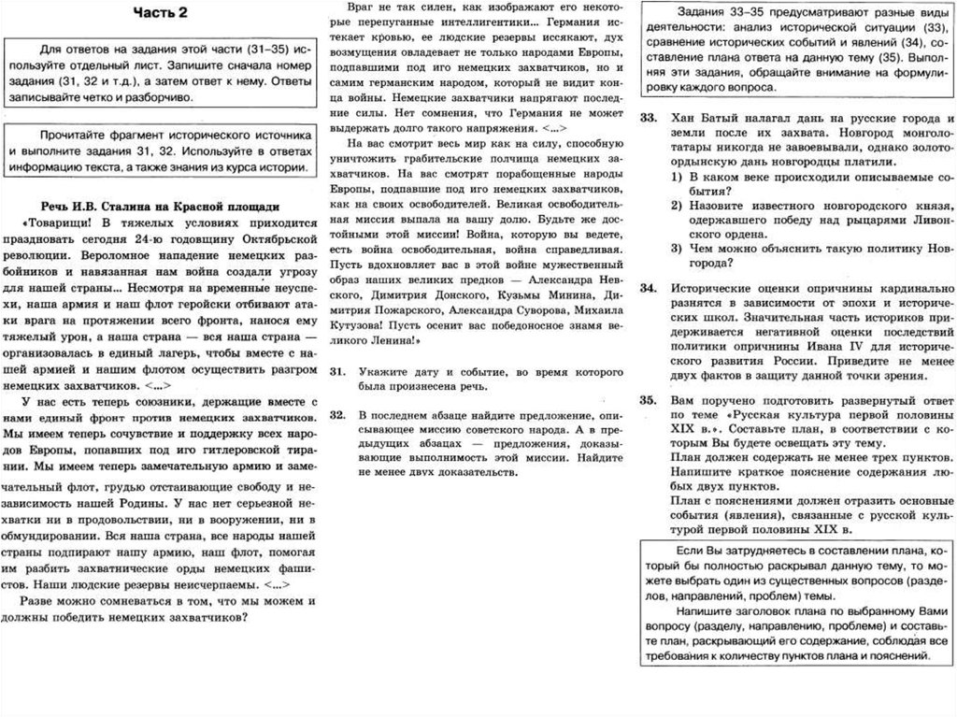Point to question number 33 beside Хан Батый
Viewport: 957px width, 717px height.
647,120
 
